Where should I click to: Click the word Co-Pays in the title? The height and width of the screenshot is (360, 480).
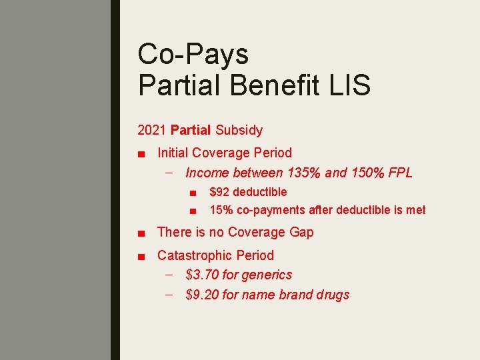193,54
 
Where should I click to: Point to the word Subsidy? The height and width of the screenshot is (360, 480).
238,130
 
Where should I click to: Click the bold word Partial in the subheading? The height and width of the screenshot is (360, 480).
191,130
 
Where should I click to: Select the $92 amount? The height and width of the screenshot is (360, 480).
220,192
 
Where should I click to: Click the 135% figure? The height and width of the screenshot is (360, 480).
304,173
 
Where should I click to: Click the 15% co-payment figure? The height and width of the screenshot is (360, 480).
221,210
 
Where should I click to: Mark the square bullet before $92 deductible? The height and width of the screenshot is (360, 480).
192,193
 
